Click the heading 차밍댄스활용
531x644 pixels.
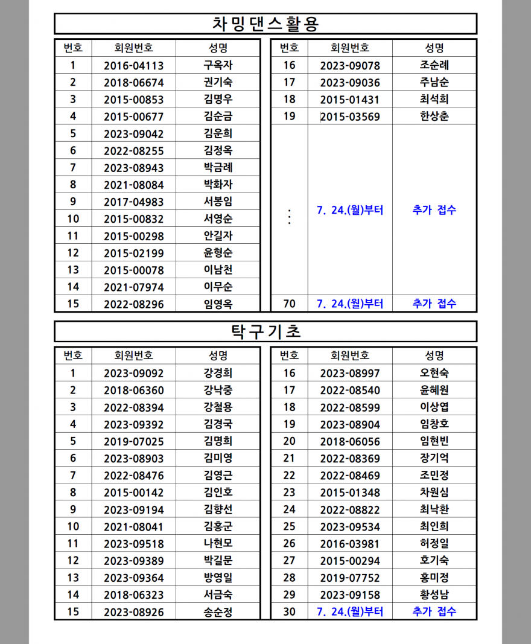pyautogui.click(x=265, y=24)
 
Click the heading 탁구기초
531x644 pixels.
pyautogui.click(x=265, y=331)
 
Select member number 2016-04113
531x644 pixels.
pyautogui.click(x=133, y=66)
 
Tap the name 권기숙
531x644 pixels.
pyautogui.click(x=218, y=83)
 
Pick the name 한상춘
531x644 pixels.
pyautogui.click(x=434, y=116)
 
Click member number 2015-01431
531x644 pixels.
pyautogui.click(x=350, y=100)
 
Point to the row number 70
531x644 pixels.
pyautogui.click(x=289, y=304)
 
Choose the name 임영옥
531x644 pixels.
pyautogui.click(x=218, y=304)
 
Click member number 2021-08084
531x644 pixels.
pyautogui.click(x=133, y=185)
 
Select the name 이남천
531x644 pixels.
pyautogui.click(x=218, y=270)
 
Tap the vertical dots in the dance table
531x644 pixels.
pyautogui.click(x=290, y=217)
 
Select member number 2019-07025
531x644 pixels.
pyautogui.click(x=133, y=442)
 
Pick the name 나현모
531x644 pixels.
pyautogui.click(x=218, y=544)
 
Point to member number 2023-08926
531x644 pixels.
pyautogui.click(x=133, y=612)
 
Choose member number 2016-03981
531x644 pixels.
pyautogui.click(x=350, y=544)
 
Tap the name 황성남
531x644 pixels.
pyautogui.click(x=434, y=595)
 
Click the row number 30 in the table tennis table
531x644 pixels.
pyautogui.click(x=289, y=612)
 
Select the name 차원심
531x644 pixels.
pyautogui.click(x=434, y=493)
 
